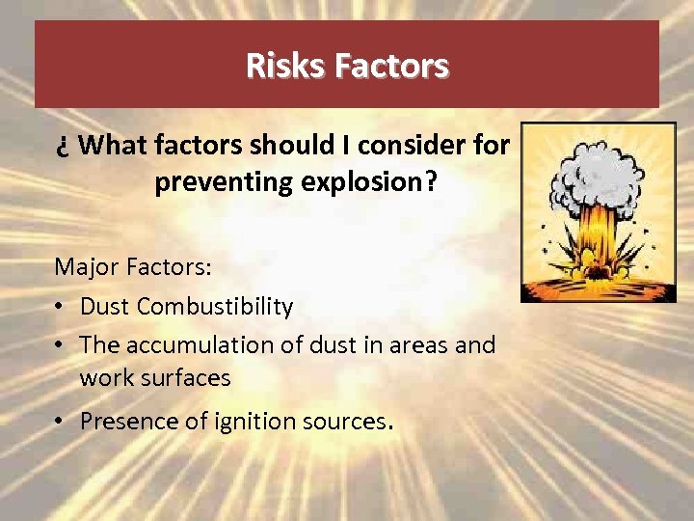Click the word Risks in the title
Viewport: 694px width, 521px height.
286,66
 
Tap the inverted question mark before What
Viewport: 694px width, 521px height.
63,147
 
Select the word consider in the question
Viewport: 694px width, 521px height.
416,145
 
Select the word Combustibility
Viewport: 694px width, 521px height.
215,306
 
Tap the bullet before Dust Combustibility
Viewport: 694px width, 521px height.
61,307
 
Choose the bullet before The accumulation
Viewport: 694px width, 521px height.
61,345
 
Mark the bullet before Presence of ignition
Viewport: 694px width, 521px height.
61,422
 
